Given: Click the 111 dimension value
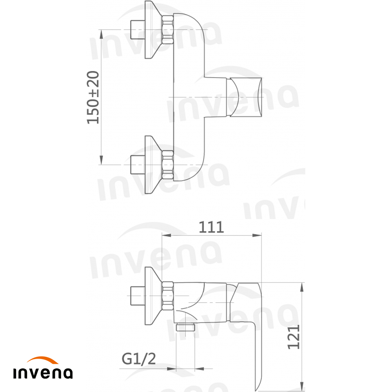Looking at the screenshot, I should point(211,227).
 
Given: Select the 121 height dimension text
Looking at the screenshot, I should point(294,336).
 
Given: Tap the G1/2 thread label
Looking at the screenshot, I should point(139,358).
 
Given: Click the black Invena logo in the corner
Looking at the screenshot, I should point(43,373).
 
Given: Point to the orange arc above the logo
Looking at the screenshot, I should point(43,360).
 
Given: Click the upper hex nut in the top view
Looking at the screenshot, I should point(168,29).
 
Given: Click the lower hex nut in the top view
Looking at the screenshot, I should point(168,165).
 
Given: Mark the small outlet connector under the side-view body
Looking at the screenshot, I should point(186,327).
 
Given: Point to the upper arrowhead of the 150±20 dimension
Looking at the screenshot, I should point(102,34).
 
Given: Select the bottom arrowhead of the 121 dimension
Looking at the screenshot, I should point(302,386).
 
